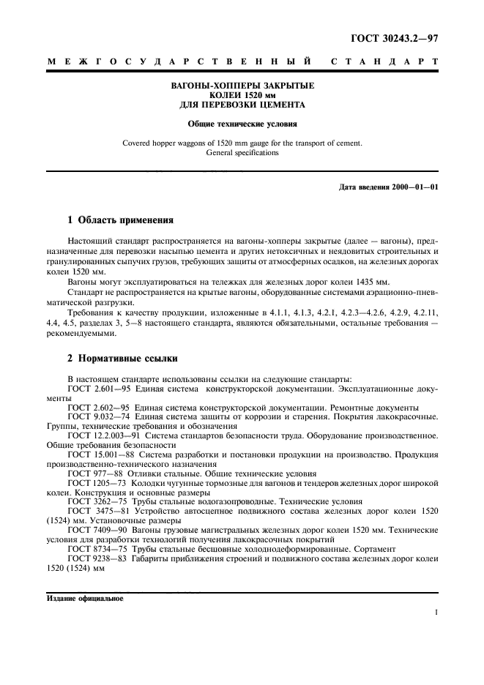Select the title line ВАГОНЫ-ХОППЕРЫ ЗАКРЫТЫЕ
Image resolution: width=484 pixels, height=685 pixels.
pos(242,86)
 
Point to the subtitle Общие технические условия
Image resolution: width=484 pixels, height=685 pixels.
pos(242,124)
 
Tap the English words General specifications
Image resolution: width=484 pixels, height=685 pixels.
pos(242,153)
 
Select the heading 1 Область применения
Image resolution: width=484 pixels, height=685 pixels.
pos(120,220)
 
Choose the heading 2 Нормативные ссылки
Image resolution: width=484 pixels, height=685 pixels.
pos(120,359)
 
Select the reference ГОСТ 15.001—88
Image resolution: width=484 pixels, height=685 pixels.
pos(98,454)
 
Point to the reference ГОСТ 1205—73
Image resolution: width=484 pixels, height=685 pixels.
pos(96,483)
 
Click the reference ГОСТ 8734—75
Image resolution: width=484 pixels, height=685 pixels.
pos(96,548)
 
